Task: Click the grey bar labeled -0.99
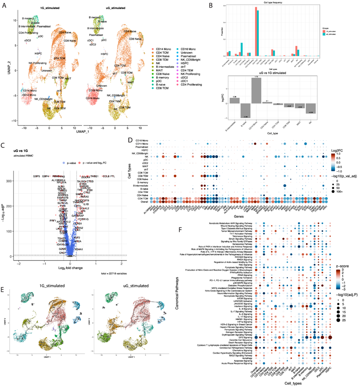tap(244, 111)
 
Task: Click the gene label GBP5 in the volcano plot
tap(36, 176)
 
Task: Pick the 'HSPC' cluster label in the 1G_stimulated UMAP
tap(38, 53)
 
